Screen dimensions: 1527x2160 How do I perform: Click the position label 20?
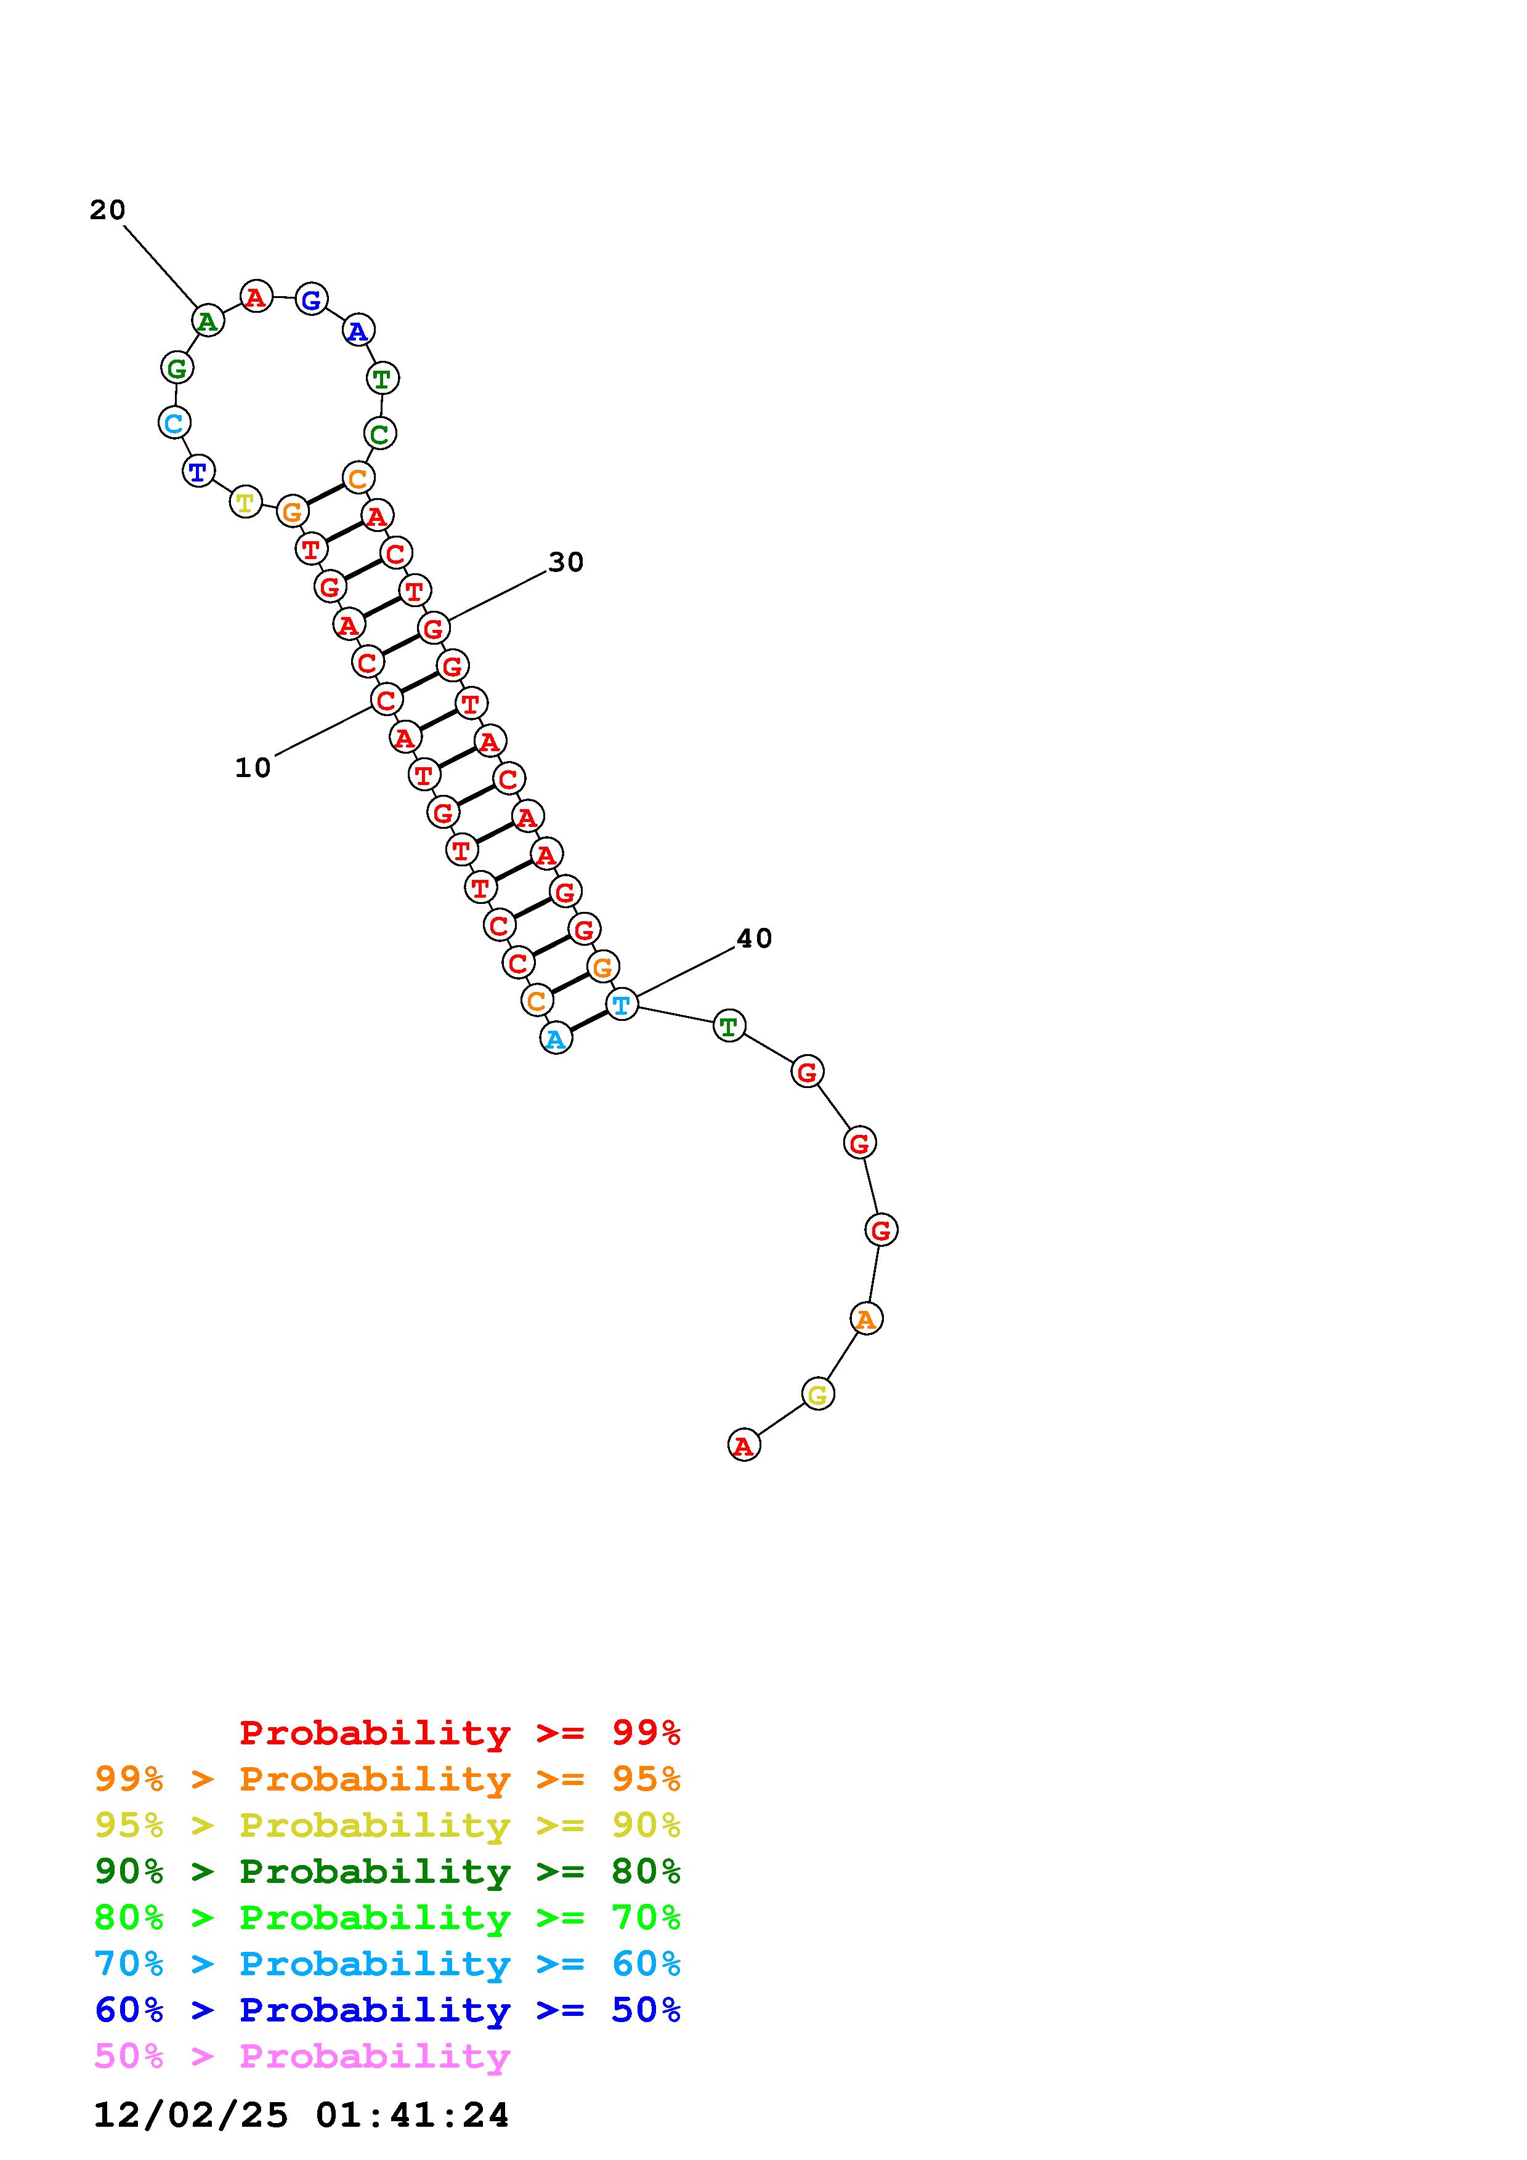tap(107, 210)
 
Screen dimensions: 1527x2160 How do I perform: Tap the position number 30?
tap(567, 563)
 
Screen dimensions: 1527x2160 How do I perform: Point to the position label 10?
tap(252, 768)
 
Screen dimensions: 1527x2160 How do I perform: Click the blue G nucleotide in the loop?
tap(312, 300)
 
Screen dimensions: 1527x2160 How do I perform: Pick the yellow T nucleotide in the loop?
tap(245, 502)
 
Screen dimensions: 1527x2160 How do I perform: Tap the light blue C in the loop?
tap(174, 424)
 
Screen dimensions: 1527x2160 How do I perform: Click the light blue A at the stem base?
tap(556, 1039)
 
